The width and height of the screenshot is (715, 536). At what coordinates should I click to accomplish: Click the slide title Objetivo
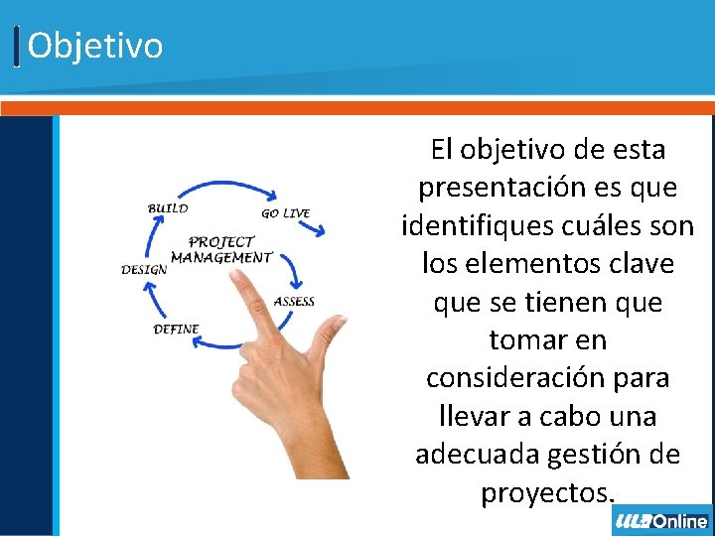pos(94,46)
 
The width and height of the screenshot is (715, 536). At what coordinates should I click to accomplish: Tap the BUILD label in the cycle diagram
pos(168,208)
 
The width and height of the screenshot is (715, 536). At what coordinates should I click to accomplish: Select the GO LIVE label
pos(285,212)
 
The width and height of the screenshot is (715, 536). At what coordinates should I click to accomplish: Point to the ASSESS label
pos(294,302)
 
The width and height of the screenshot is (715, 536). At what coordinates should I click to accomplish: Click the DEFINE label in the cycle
pos(176,329)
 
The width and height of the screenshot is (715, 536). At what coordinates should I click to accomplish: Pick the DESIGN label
pos(144,270)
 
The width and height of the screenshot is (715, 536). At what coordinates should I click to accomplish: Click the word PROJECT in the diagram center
pos(220,241)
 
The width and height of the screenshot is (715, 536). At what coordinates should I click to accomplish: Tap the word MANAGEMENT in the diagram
pos(220,257)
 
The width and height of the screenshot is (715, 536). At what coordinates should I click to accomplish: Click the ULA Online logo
pos(661,520)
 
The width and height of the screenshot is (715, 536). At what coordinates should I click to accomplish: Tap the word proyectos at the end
pos(545,492)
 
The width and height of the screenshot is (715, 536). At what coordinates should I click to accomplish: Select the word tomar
pos(522,339)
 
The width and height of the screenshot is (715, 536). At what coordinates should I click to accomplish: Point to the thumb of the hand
pos(329,329)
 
